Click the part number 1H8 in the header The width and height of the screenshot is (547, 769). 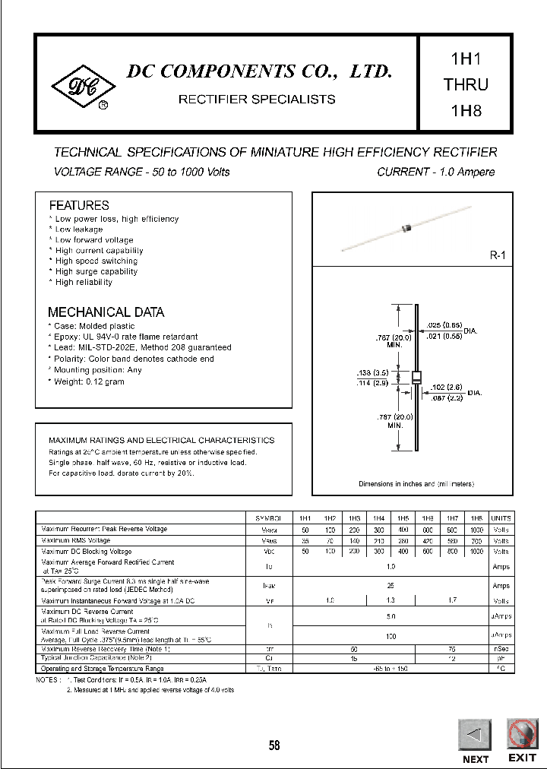click(466, 110)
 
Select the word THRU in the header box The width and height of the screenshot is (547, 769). click(466, 84)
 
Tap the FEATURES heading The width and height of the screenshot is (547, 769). click(79, 205)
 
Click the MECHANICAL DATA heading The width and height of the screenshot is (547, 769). click(106, 312)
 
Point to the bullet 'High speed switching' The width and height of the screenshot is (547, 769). click(96, 261)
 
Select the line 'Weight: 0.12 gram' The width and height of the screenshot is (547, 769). click(89, 381)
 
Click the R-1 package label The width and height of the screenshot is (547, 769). click(497, 257)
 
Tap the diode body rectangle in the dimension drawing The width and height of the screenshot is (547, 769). click(416, 378)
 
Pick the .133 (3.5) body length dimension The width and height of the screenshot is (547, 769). click(373, 373)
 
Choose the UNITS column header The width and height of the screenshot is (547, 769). click(501, 517)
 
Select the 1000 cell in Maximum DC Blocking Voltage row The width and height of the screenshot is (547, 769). click(476, 552)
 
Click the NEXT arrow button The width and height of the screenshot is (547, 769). click(475, 735)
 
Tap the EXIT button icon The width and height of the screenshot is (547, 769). click(522, 735)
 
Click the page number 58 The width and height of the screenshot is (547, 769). click(273, 745)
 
